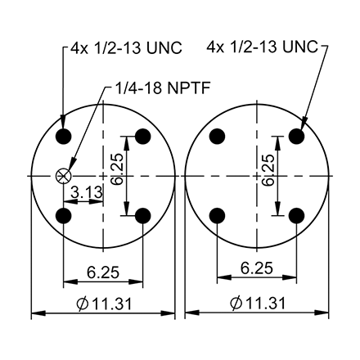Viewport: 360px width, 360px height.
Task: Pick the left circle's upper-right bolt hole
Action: (x=142, y=135)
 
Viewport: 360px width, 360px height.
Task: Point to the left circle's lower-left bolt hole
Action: (x=64, y=215)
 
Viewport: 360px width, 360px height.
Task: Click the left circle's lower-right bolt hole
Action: (x=142, y=215)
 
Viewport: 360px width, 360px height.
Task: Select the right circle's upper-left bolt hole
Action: (x=218, y=135)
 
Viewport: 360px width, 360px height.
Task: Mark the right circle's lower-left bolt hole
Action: (x=218, y=215)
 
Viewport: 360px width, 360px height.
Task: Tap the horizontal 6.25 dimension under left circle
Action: (x=103, y=268)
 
